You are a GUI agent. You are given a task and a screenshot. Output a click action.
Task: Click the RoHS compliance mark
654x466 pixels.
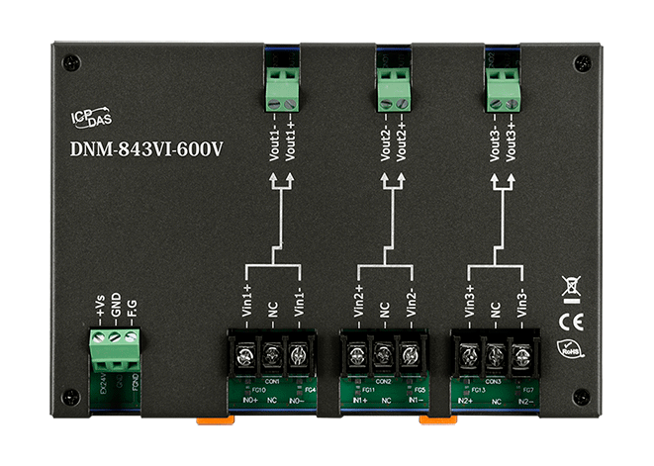(x=570, y=348)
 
